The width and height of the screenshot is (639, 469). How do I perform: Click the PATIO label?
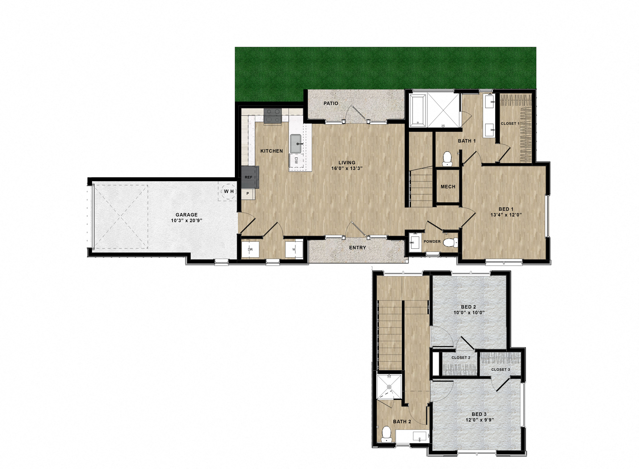331,103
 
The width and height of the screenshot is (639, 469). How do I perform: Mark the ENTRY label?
357,248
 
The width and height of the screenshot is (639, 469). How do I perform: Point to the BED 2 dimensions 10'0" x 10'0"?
469,313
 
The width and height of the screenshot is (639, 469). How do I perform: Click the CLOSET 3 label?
500,369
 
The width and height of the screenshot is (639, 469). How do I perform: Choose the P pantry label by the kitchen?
248,193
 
